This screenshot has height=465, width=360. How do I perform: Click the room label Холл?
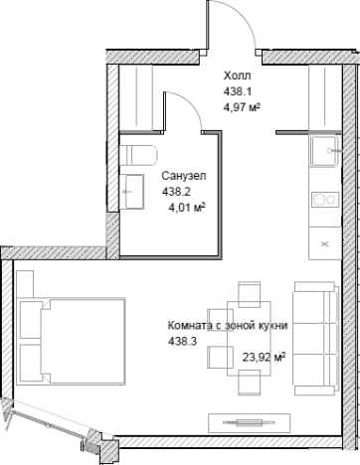[x=237, y=75]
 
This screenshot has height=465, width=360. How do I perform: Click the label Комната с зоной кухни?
[x=229, y=325]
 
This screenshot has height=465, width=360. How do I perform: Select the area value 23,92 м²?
[x=264, y=356]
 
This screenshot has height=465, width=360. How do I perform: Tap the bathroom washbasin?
[x=133, y=187]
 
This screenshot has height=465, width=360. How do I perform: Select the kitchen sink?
[x=323, y=152]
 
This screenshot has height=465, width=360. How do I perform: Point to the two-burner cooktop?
[x=324, y=200]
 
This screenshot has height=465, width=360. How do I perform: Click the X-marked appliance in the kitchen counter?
[x=324, y=242]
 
